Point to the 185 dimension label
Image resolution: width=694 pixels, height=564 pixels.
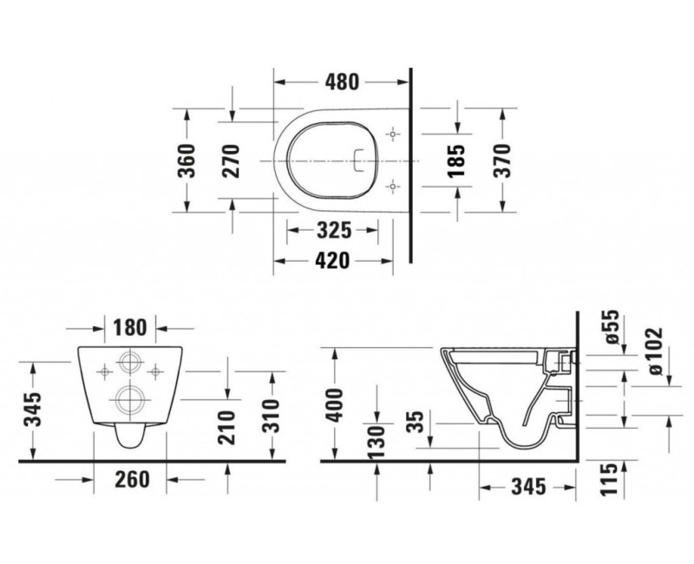coord(460,161)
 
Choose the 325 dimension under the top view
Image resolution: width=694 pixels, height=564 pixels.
coord(332,232)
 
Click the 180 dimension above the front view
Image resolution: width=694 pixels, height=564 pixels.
coord(131,330)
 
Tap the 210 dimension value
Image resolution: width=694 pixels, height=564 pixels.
coord(227,428)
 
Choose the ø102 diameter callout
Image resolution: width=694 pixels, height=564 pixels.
coord(653,351)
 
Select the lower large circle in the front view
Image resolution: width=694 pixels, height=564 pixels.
coord(131,399)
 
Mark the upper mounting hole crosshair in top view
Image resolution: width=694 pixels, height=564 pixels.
coord(394,135)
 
